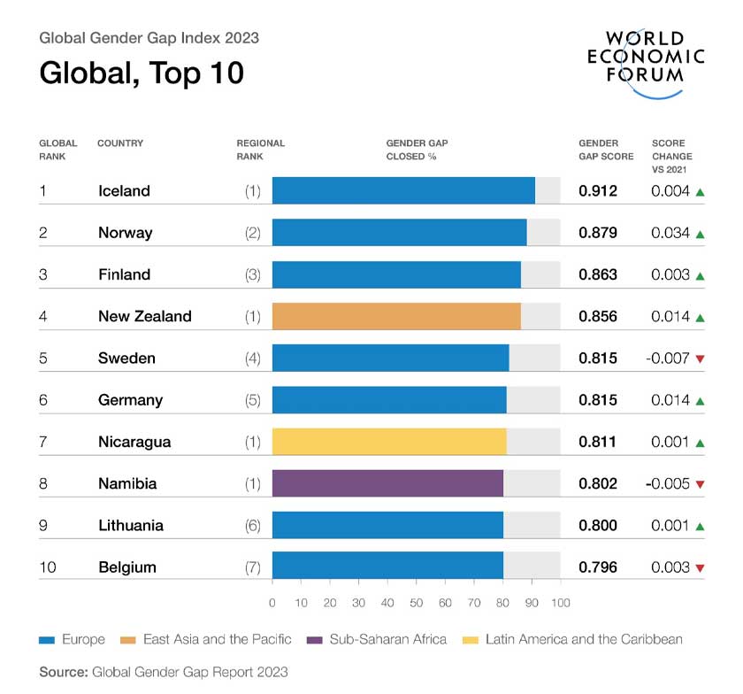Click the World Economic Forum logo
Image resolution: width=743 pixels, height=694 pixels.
click(646, 57)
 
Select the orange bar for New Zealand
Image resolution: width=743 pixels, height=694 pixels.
click(395, 316)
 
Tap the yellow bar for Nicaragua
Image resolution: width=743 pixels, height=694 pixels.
click(388, 442)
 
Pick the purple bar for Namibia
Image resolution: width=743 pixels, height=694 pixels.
click(387, 483)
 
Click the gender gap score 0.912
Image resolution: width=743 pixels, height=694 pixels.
click(598, 191)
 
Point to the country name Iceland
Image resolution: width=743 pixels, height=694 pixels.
click(124, 191)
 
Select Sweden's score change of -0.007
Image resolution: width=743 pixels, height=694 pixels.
click(668, 359)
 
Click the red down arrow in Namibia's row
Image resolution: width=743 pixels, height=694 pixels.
click(700, 484)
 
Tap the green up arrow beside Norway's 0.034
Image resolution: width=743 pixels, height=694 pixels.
click(700, 234)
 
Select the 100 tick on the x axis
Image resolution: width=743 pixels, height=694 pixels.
click(560, 603)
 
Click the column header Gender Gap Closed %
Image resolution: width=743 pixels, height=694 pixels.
click(417, 150)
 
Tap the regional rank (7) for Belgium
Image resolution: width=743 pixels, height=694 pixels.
click(253, 567)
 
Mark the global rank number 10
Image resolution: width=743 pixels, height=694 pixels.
click(48, 567)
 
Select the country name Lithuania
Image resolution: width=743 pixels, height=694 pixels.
click(131, 526)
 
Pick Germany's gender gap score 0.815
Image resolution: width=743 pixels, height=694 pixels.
click(598, 400)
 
